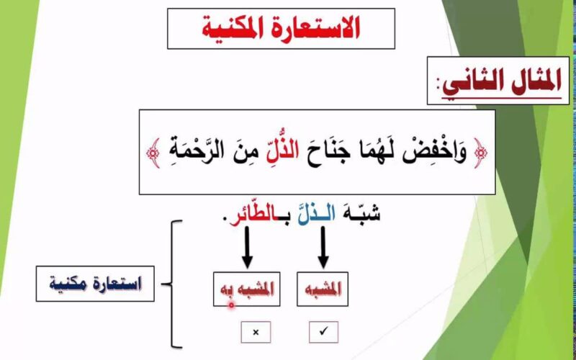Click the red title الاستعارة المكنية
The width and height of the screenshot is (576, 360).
(x=282, y=29)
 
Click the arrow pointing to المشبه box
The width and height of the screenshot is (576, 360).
(x=322, y=249)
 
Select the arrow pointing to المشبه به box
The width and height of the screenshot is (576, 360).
(x=244, y=249)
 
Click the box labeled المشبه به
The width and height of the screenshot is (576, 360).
(x=245, y=289)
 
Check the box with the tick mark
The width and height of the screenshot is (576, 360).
(x=323, y=332)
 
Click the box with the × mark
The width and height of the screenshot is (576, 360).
(x=256, y=332)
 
